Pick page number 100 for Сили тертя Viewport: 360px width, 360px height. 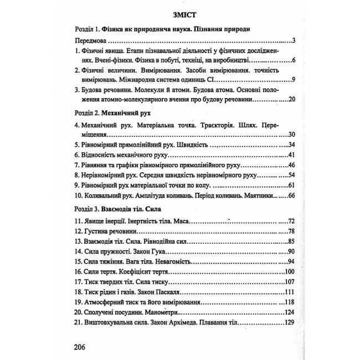point(286,272)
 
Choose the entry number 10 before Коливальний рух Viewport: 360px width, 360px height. point(78,195)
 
